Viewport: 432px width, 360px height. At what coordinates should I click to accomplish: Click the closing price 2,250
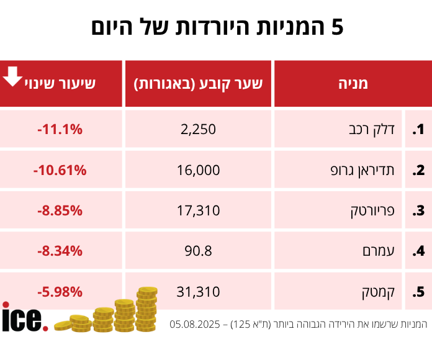[199, 130]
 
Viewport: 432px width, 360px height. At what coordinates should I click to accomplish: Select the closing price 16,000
[199, 170]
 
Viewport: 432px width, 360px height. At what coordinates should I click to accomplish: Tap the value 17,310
[199, 210]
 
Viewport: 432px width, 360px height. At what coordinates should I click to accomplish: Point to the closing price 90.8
[199, 251]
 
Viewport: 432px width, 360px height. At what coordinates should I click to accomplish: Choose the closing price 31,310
[199, 291]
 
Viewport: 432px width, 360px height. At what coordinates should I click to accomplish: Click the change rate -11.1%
[60, 130]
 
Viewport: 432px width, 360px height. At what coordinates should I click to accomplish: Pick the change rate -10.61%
[60, 170]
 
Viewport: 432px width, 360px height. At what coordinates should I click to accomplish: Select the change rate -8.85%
[60, 210]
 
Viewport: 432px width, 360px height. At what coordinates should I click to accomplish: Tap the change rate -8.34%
[60, 251]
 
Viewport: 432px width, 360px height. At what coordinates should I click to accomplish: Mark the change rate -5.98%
[60, 291]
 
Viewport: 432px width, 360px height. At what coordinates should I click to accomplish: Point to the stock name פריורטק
[369, 210]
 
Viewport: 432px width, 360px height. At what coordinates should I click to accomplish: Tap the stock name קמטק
[379, 291]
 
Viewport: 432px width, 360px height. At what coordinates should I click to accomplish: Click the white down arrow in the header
[12, 76]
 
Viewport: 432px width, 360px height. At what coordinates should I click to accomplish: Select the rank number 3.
[418, 210]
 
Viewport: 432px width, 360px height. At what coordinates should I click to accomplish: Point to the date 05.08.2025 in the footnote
[198, 324]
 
